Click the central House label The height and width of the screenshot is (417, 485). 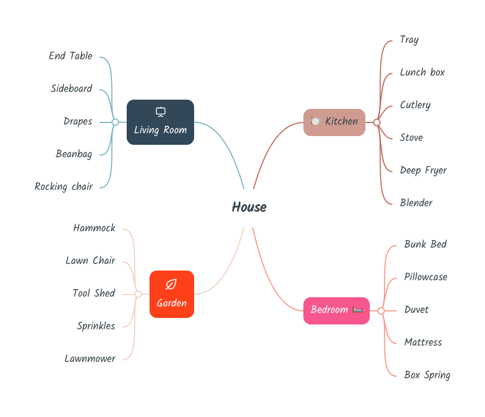click(249, 207)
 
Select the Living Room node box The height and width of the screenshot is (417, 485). click(160, 122)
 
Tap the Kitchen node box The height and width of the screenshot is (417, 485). click(334, 122)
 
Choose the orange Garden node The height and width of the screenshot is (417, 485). click(172, 294)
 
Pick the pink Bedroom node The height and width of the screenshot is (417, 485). click(336, 310)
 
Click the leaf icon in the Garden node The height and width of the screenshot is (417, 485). click(171, 284)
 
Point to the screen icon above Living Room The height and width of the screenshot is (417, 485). click(160, 112)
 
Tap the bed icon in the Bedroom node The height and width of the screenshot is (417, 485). click(357, 310)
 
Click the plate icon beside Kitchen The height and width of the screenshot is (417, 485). click(316, 121)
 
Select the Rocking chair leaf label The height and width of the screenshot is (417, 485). click(64, 187)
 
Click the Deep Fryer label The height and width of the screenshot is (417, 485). click(423, 170)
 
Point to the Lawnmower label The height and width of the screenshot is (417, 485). click(90, 359)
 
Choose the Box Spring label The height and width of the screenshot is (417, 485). click(427, 375)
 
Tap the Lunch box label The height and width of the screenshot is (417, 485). click(422, 72)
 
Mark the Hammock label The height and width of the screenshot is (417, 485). click(94, 228)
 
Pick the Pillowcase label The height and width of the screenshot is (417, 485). click(425, 277)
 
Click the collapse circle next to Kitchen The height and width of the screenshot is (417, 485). click(377, 122)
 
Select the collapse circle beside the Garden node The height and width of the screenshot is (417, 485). click(138, 294)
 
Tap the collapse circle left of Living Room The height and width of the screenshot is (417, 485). click(115, 122)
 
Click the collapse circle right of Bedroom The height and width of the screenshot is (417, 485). click(381, 311)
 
